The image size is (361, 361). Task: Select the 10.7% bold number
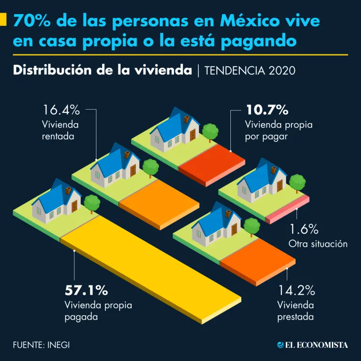[267, 110]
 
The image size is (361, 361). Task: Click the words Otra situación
[318, 244]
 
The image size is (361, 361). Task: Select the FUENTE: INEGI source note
[41, 345]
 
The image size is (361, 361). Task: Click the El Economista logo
[312, 345]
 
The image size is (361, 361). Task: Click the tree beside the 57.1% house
[92, 202]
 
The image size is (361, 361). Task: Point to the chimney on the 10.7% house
[187, 119]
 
